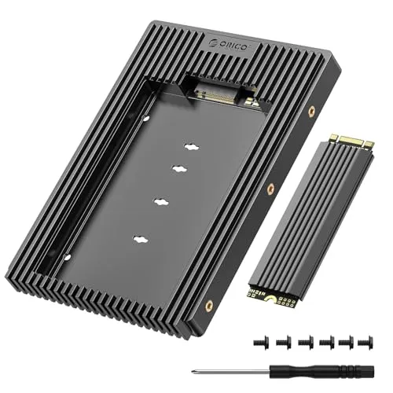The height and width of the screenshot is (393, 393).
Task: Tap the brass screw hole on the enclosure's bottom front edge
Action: coord(208,302)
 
